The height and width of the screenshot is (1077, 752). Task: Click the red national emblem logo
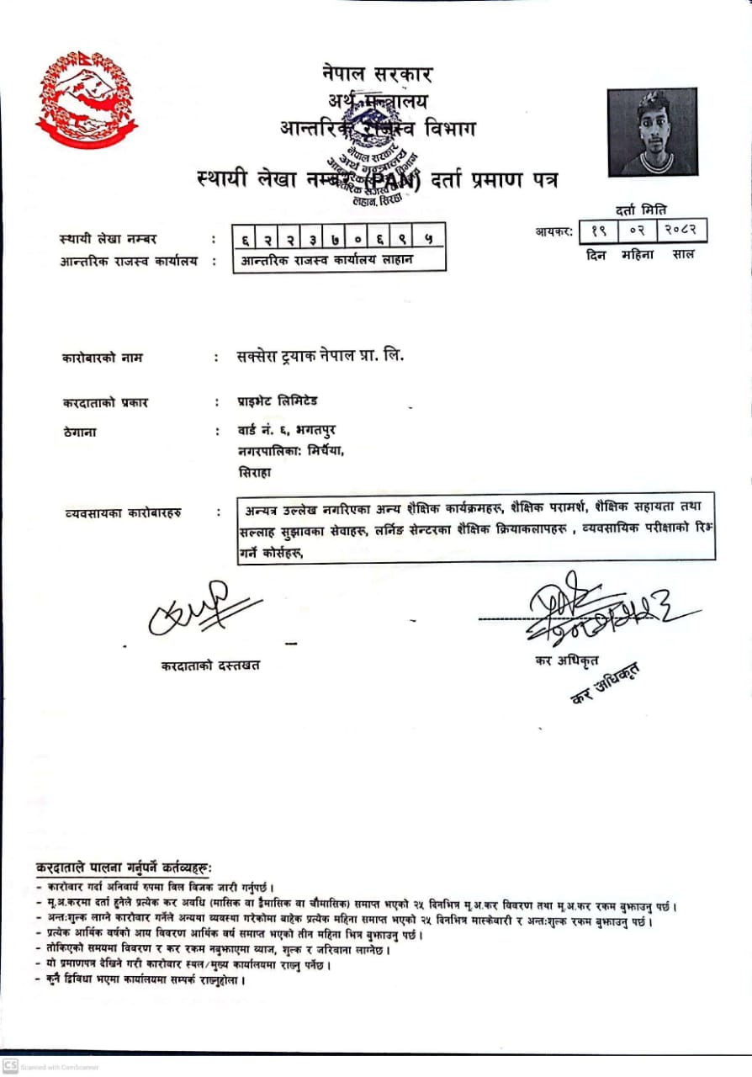coord(86,99)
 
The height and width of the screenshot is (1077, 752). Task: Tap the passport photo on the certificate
coord(652,131)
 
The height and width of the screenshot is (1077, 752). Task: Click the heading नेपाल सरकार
coord(377,73)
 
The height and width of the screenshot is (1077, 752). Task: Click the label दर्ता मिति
coord(641,210)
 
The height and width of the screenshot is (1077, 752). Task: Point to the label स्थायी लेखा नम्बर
coord(109,240)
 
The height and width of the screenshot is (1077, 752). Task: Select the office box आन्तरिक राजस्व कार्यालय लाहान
coord(338,260)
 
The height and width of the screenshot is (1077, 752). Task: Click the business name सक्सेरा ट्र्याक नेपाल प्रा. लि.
coord(320,356)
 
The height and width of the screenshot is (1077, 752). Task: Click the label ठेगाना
coord(79,432)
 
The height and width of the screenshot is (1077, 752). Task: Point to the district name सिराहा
coord(256,473)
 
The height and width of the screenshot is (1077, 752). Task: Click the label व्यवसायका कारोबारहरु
coord(123,512)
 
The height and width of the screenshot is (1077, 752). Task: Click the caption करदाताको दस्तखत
coord(210,666)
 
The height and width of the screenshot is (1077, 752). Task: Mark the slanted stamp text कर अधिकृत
coord(604,683)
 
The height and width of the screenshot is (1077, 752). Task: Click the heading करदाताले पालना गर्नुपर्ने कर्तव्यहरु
coord(124,867)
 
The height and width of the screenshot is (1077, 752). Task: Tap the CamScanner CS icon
coord(9,1066)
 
